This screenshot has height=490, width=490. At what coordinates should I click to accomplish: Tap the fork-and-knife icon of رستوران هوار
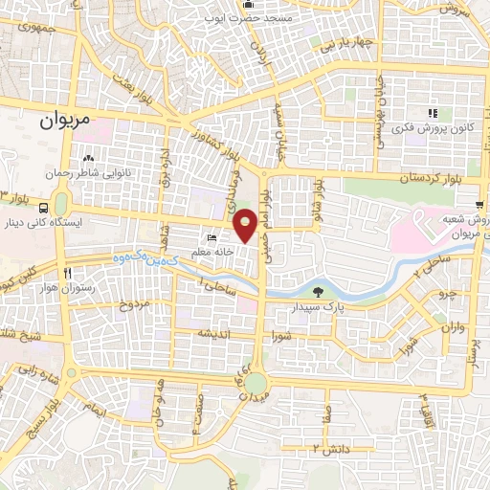(x=67, y=274)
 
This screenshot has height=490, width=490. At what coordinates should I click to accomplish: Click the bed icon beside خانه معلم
(x=212, y=238)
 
